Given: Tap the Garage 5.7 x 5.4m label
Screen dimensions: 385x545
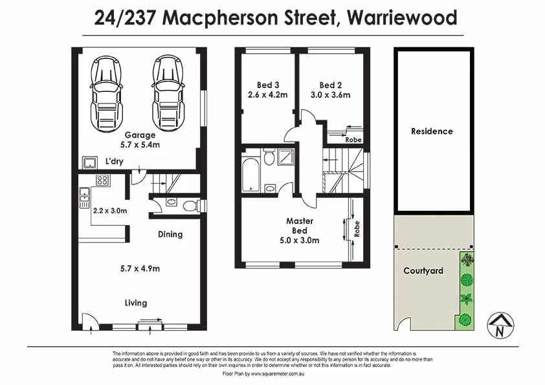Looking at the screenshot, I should [140, 140].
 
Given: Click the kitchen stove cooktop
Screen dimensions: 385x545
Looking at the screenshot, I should [102, 181].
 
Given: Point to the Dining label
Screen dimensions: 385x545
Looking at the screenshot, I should [170, 234].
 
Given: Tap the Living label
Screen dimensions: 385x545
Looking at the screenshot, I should [136, 303].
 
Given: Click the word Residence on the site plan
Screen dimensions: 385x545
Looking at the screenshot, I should [432, 131].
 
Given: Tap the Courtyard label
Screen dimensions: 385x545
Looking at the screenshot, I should [423, 270].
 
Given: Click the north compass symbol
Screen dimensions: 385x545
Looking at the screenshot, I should [500, 325].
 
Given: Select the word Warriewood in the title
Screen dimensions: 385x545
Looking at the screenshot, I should [402, 17].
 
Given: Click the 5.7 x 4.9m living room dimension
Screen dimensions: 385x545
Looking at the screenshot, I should [140, 269].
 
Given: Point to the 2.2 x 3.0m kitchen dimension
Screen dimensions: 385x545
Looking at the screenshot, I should [110, 210].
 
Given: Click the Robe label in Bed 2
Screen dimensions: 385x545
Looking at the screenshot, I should [353, 139].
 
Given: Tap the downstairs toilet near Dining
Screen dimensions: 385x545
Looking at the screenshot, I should [190, 206].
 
